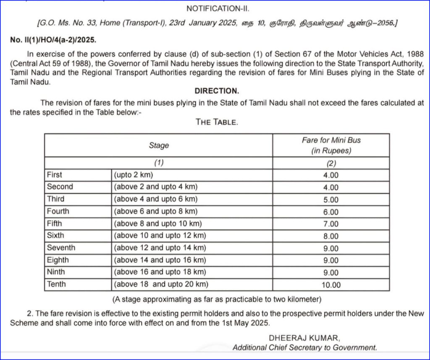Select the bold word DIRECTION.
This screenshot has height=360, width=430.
217,91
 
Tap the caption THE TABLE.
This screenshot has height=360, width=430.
217,122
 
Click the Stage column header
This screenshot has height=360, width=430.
159,145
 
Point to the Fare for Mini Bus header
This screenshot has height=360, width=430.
331,145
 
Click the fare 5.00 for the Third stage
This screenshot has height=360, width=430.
331,200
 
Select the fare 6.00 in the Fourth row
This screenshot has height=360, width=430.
331,212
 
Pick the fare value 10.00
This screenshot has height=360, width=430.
331,285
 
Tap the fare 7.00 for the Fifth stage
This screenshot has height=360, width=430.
331,224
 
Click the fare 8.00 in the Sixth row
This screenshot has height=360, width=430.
331,236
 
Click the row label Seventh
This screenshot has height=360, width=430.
61,247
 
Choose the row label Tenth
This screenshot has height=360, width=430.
56,284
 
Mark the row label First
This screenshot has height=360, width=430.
54,174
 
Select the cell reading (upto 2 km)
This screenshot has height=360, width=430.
132,175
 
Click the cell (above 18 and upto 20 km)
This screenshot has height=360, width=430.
161,284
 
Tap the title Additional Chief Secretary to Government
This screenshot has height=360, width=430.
305,347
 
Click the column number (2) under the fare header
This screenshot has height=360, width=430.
331,163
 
